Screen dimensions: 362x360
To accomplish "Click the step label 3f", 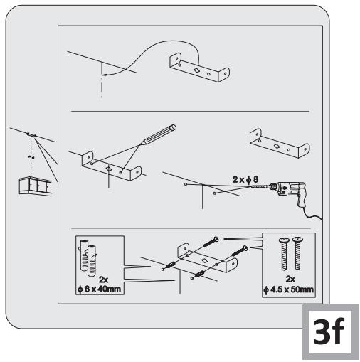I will pyautogui.click(x=328, y=334).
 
